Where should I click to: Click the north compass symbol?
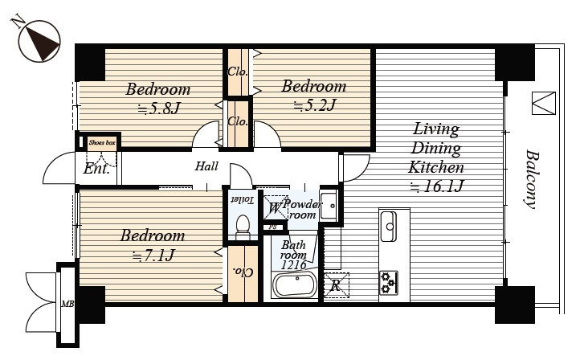click(x=39, y=40)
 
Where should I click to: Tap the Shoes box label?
click(x=102, y=142)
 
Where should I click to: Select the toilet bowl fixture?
click(x=243, y=226)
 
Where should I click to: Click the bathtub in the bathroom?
click(x=295, y=285)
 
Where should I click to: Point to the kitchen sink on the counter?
click(x=388, y=227)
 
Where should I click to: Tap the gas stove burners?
click(x=388, y=283)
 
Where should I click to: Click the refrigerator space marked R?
click(x=337, y=285)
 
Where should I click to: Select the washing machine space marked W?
click(x=276, y=208)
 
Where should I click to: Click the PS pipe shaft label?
click(x=272, y=227)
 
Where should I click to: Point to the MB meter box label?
click(x=67, y=305)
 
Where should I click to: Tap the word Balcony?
click(x=532, y=179)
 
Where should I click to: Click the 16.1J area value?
click(x=437, y=186)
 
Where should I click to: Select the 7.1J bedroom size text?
click(x=153, y=256)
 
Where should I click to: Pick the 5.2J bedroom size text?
click(x=314, y=106)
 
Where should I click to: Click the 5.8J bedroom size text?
click(x=159, y=108)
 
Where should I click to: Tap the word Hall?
click(x=206, y=166)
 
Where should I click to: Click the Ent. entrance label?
click(x=96, y=169)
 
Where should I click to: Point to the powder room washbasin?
click(x=329, y=206)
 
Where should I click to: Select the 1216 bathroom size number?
click(x=293, y=265)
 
